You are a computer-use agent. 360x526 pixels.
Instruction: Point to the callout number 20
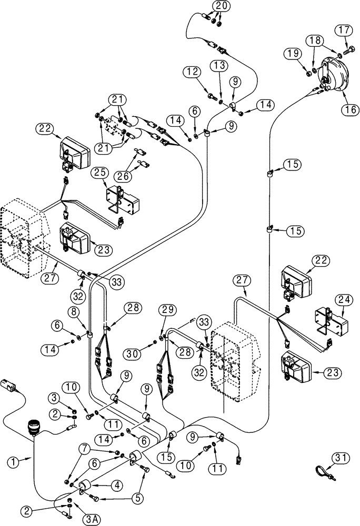pyautogui.click(x=221, y=6)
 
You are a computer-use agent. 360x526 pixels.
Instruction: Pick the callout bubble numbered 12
pyautogui.click(x=192, y=71)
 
